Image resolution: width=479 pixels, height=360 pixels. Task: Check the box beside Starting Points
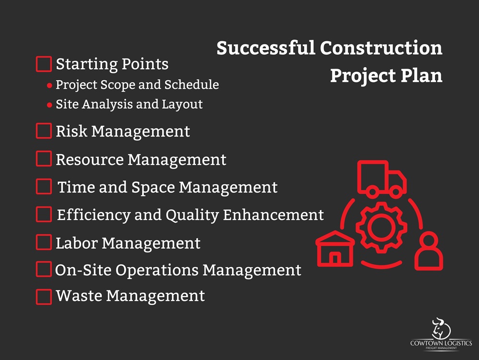coord(44,64)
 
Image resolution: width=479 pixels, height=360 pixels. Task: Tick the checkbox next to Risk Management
coord(44,131)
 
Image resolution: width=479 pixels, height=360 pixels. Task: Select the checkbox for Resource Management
coord(44,159)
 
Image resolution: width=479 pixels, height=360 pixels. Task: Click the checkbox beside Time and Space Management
coord(44,186)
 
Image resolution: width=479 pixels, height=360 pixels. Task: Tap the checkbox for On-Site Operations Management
coord(44,269)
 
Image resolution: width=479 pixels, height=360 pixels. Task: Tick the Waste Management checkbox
coord(44,297)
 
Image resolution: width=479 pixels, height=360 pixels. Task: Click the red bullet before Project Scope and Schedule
coord(50,86)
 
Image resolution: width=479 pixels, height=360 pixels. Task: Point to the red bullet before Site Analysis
coord(50,105)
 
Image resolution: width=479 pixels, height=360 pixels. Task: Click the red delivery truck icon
coord(382,179)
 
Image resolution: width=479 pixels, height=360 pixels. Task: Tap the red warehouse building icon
coord(335,249)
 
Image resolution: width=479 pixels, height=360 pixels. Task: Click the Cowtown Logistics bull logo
coord(441,329)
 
